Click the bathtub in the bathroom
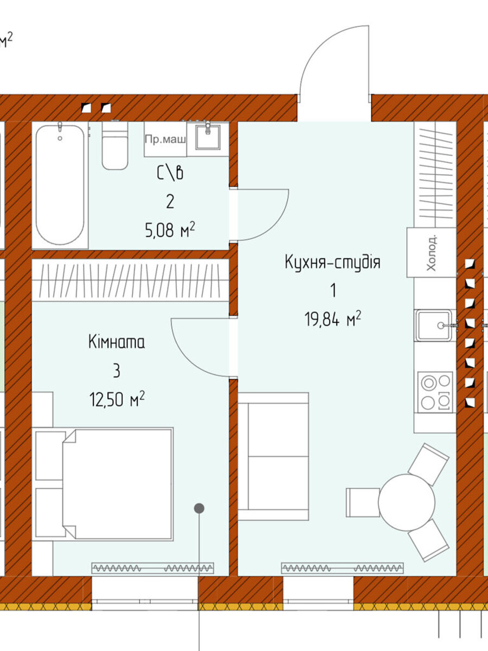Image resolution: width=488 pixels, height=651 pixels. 60,185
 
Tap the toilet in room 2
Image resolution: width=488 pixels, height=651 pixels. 115,145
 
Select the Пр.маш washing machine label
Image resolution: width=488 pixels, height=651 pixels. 165,139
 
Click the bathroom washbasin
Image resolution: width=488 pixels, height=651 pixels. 208,137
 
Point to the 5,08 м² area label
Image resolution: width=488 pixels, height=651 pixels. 170,229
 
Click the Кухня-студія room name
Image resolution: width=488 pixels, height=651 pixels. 332,263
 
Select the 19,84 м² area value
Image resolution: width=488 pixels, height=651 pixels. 333,319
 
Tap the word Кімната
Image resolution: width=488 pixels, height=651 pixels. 117,342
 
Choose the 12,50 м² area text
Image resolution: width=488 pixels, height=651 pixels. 117,399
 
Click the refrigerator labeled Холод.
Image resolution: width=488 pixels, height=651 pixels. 431,252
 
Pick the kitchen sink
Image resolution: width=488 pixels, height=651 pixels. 434,325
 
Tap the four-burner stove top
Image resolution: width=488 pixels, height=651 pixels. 435,392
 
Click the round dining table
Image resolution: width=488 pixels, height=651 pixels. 407,502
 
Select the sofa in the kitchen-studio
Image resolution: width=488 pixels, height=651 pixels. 273,456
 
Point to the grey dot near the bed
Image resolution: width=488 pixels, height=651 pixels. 199,508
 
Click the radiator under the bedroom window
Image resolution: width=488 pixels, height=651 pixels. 152,567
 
